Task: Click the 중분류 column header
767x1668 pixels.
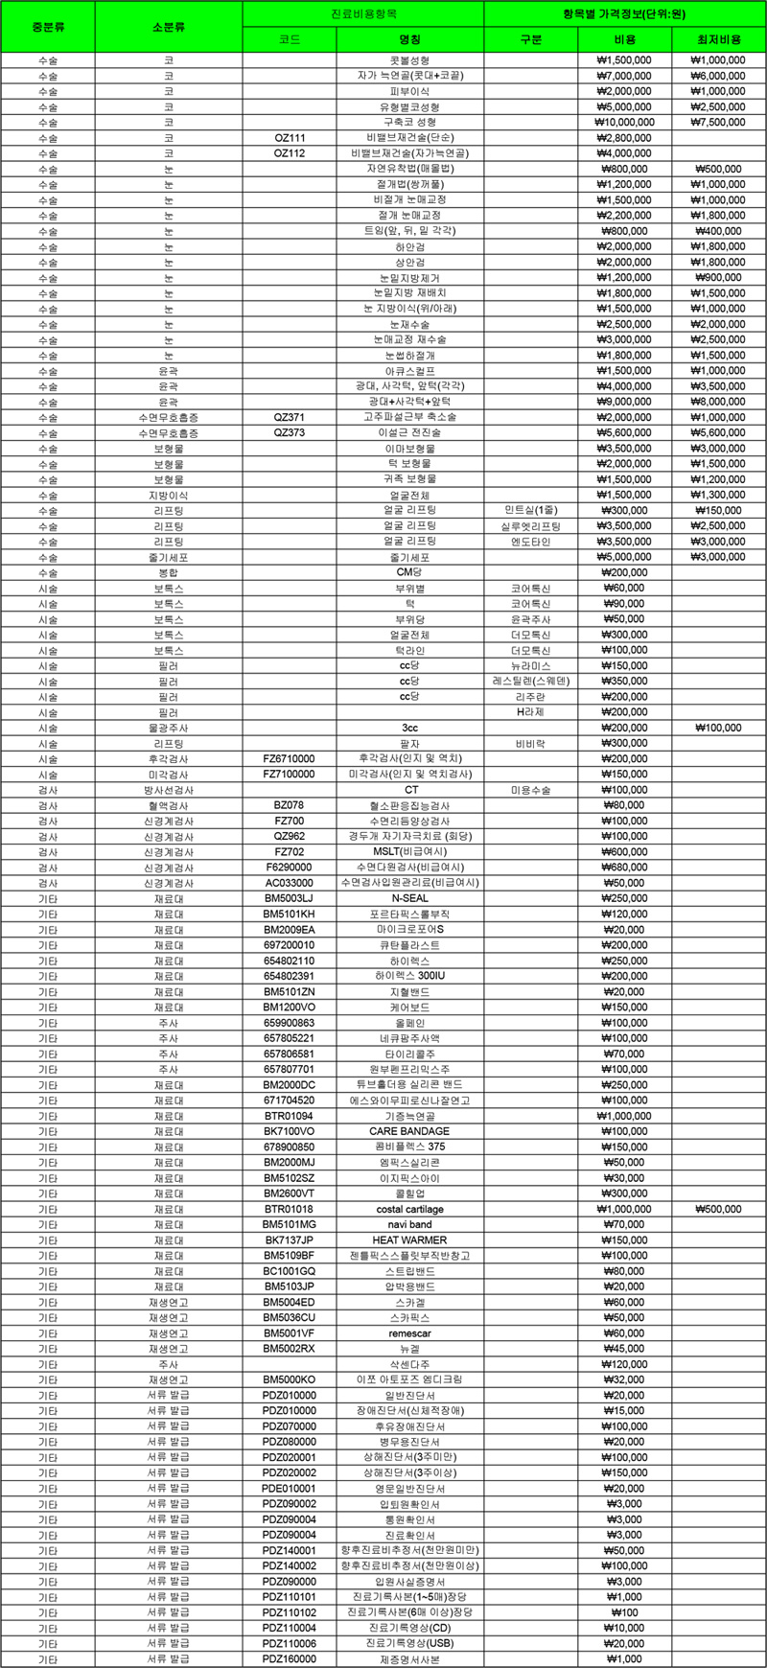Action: tap(48, 27)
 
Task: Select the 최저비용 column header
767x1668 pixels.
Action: tap(719, 39)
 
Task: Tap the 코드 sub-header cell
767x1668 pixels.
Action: tap(290, 39)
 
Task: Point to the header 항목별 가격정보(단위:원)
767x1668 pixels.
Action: tap(624, 14)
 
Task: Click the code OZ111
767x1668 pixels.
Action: tap(290, 138)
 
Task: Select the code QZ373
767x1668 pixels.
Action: tap(290, 433)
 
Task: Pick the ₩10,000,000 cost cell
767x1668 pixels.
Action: tap(624, 123)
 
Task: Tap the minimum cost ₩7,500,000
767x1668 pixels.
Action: tap(719, 123)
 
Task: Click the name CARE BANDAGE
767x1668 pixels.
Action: tap(409, 1131)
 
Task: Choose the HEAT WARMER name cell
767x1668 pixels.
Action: tap(409, 1240)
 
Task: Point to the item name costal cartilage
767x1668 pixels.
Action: tap(409, 1209)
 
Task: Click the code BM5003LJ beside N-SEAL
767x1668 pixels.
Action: tap(290, 898)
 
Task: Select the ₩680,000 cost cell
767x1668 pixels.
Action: tap(624, 868)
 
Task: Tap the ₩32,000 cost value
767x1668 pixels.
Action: tap(624, 1379)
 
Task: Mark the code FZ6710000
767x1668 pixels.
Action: tap(290, 758)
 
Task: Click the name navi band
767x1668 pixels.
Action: tap(409, 1224)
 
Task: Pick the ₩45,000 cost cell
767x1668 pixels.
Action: tap(624, 1349)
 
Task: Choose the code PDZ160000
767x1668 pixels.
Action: tap(290, 1659)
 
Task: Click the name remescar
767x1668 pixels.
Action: tap(409, 1333)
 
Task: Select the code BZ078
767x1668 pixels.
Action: tap(290, 805)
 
